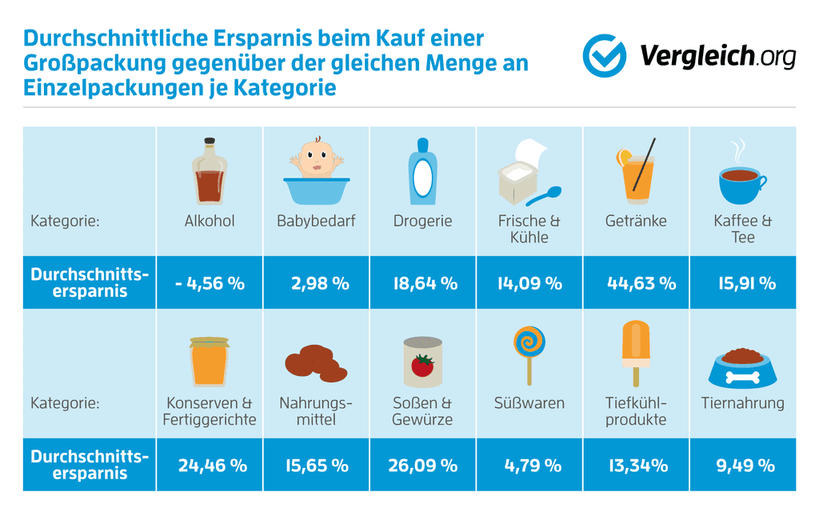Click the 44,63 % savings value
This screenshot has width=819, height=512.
pos(636,282)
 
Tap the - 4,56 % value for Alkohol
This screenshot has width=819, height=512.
pos(210,282)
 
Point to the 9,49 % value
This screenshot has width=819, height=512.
pos(742,465)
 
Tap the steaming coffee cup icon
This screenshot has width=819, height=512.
pos(741,177)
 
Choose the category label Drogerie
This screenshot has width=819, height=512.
pos(422,221)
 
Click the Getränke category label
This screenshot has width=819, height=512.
pos(636,221)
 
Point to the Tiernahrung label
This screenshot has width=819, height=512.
pos(742,402)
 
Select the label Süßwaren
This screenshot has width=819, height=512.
pos(529,402)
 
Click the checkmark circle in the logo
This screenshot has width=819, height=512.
pos(604,55)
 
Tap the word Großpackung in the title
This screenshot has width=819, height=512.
pos(94,62)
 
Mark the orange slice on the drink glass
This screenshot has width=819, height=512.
pos(622,158)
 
